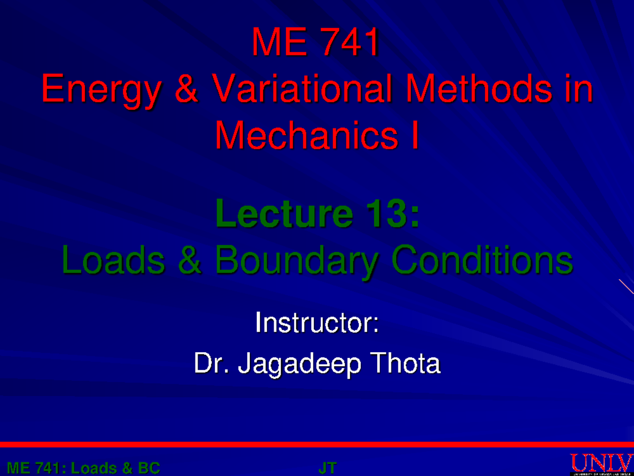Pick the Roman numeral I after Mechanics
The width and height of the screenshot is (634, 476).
414,135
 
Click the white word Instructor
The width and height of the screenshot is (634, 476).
317,323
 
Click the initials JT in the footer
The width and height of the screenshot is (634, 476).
328,468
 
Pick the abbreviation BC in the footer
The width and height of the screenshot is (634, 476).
149,468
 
